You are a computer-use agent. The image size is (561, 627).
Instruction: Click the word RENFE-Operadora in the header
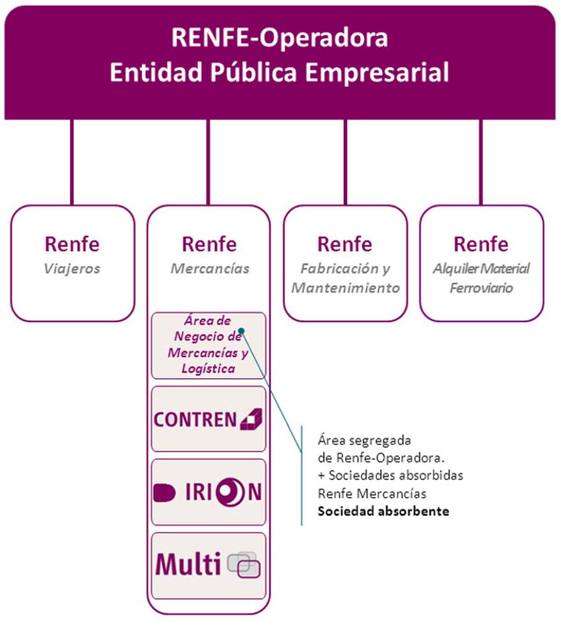coord(280,38)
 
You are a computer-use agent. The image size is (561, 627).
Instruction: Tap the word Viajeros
coord(73,269)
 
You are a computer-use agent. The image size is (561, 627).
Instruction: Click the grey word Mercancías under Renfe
coord(210,269)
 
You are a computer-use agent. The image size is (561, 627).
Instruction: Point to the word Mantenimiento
coord(345,288)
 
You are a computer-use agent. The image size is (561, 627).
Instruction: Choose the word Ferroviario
coord(481,288)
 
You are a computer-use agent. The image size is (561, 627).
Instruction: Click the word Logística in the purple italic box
coord(208,369)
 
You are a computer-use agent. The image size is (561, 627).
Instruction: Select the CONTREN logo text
coord(195,419)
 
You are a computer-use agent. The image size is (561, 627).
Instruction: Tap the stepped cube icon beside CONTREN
coord(250,418)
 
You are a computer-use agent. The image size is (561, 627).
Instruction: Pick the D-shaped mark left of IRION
coord(163,492)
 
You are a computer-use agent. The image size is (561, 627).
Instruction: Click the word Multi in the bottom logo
coord(187,565)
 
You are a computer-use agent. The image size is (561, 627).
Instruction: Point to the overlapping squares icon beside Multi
coord(244,565)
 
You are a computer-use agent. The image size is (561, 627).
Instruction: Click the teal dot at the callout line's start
coord(242,331)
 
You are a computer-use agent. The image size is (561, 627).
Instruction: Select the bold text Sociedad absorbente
coord(383,511)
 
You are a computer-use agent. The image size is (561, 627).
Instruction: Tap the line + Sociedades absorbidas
coord(390,475)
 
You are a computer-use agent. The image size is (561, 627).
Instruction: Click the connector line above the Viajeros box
coord(72,162)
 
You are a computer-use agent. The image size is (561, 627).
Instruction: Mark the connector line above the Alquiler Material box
coord(480,162)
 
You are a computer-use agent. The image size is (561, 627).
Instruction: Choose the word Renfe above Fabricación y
coord(345,244)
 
